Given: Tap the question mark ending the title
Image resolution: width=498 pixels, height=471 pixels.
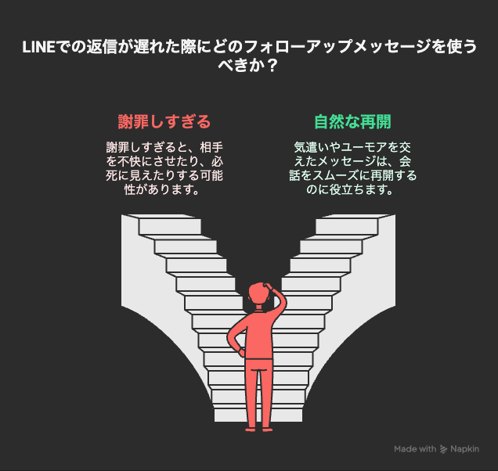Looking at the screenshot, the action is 271,67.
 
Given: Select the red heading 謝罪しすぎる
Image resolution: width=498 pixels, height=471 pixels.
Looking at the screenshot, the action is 164,122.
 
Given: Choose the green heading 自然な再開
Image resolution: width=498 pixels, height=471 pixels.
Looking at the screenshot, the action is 352,122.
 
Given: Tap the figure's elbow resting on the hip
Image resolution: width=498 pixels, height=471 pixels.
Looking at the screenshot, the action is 230,338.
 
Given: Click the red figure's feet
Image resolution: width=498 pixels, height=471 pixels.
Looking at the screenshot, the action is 258,430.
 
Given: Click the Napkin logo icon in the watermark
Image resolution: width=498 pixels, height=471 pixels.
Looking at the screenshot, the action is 443,449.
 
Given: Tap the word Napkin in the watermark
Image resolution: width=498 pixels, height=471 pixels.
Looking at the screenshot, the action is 464,449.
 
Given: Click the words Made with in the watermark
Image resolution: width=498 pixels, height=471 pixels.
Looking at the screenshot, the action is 415,449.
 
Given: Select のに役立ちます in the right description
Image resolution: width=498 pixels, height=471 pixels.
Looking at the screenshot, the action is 344,190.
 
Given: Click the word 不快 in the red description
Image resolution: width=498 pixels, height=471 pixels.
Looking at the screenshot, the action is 129,161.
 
